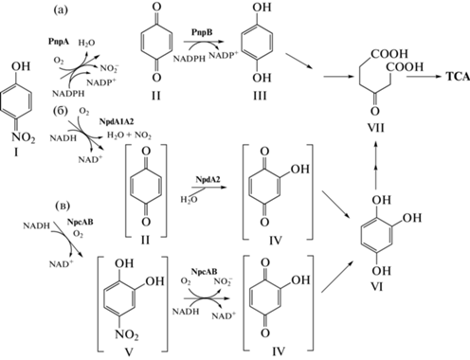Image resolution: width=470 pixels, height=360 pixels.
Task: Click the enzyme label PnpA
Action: (x=59, y=42)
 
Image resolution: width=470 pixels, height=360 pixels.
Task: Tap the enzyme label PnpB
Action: (x=202, y=32)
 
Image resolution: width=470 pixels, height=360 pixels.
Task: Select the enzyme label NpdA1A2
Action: (x=117, y=121)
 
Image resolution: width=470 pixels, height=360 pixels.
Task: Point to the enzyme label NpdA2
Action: (x=208, y=179)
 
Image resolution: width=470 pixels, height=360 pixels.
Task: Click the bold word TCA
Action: (x=458, y=77)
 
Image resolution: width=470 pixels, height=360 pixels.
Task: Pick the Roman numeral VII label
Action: (x=376, y=128)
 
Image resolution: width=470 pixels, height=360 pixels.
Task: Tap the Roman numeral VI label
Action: (x=377, y=287)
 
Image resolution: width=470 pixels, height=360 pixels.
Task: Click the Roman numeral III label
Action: (x=260, y=96)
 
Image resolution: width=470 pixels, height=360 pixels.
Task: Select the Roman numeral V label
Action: (x=128, y=351)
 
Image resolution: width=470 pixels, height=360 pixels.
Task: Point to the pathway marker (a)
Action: (x=61, y=10)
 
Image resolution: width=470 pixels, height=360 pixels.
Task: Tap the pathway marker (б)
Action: (x=61, y=112)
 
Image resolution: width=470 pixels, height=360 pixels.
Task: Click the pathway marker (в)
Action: (x=63, y=206)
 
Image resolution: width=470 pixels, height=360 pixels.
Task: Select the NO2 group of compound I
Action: (x=24, y=137)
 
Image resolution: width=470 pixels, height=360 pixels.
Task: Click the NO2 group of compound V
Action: (x=127, y=334)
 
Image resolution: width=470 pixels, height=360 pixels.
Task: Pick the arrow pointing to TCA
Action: (x=424, y=77)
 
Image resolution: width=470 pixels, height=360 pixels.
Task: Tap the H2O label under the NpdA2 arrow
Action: (x=189, y=200)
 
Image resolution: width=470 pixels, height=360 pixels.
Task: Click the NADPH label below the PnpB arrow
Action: (x=190, y=59)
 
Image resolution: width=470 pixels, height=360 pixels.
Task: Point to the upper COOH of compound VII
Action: (x=389, y=54)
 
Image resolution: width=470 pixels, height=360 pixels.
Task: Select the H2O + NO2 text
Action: (x=129, y=135)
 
